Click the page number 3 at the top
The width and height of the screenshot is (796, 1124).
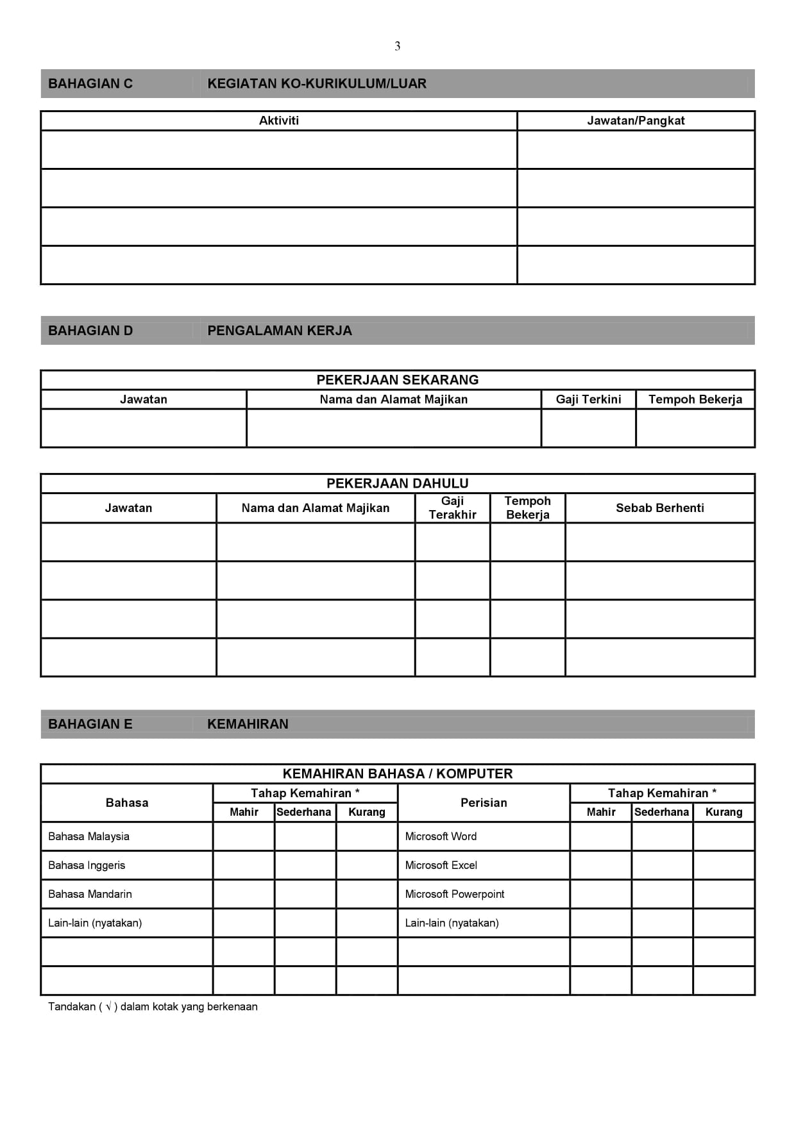click(x=398, y=46)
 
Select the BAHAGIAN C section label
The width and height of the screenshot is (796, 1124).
click(x=90, y=83)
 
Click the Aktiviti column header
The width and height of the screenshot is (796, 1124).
click(x=278, y=120)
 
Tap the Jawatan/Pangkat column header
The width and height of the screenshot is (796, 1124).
click(x=636, y=120)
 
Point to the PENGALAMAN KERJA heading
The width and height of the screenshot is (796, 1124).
click(x=280, y=331)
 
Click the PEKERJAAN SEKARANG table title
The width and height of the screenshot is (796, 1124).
click(x=398, y=380)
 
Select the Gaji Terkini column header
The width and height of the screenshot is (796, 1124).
click(x=588, y=399)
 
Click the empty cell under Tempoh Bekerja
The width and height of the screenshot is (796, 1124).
click(x=695, y=428)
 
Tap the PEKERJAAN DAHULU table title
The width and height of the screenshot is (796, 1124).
click(x=398, y=483)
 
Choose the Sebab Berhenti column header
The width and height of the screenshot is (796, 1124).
click(x=660, y=508)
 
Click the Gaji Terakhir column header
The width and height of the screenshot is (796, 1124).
click(x=452, y=508)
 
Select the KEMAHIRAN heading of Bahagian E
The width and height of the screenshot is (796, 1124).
click(x=248, y=724)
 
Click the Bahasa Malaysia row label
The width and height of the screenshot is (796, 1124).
click(x=89, y=836)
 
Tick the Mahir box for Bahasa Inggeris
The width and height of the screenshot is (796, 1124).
click(x=244, y=865)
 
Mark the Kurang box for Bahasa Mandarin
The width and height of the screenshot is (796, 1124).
click(x=367, y=894)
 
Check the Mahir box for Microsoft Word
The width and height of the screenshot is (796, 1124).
click(x=600, y=836)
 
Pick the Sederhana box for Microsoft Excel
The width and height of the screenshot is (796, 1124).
click(x=662, y=865)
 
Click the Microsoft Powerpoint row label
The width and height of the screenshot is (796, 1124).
click(x=455, y=894)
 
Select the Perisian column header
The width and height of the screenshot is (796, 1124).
click(x=484, y=803)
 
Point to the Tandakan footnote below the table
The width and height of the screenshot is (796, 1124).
click(x=153, y=1007)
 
